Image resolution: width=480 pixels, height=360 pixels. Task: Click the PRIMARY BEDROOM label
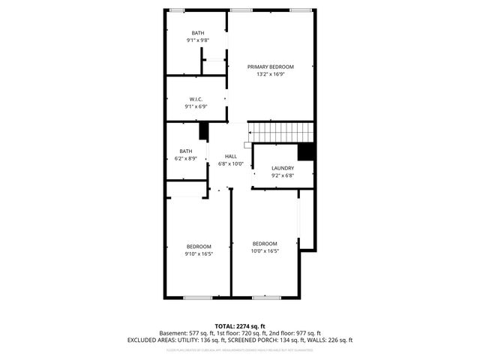coord(271,67)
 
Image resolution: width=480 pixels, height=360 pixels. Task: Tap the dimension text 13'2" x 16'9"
coord(271,74)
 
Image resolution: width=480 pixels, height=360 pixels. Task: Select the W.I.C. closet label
coord(196,100)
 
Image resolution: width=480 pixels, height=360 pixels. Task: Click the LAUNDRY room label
coord(283,169)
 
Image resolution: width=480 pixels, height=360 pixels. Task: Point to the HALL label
coord(231,157)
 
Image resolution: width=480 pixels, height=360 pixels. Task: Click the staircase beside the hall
coord(280,132)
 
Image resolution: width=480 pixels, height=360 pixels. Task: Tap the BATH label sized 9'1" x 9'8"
coord(197,33)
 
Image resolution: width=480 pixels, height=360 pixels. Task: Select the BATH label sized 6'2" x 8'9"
coord(186,151)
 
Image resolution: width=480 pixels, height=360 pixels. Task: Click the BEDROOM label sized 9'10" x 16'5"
coord(199,247)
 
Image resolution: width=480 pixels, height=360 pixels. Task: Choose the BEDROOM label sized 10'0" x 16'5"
coord(265,244)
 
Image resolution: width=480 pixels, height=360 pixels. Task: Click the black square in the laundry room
coord(305,151)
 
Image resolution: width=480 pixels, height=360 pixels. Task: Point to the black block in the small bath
coord(202,131)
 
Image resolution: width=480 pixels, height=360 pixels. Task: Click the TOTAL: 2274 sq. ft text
coord(240,325)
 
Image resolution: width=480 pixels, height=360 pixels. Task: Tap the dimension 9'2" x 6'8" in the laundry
coord(283,176)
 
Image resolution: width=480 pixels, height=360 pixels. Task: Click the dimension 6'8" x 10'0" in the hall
coord(231,163)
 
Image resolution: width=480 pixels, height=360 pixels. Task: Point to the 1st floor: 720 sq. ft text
coord(241,333)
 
